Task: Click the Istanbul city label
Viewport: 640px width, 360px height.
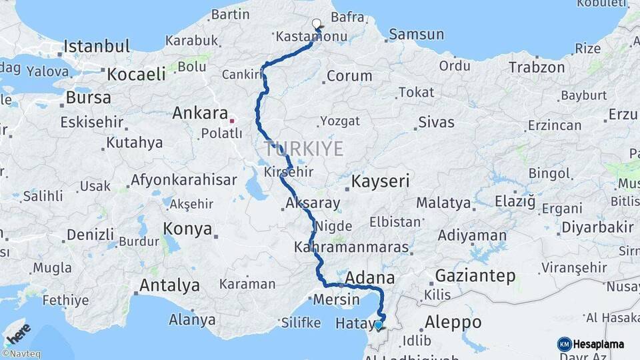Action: [97, 47]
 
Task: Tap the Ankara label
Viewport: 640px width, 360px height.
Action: [201, 113]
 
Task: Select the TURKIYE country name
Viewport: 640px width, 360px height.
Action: [303, 149]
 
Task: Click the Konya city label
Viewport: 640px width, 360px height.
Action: [187, 229]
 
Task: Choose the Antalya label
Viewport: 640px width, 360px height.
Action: [169, 285]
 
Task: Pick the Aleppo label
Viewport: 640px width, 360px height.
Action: [453, 321]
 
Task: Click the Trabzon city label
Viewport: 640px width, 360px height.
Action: [537, 67]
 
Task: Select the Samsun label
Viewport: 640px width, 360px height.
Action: [416, 34]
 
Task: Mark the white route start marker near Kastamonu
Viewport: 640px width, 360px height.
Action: [317, 24]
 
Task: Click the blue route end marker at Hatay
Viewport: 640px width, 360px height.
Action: [378, 325]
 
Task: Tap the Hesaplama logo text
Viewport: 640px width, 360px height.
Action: [598, 344]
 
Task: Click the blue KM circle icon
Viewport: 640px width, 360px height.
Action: [564, 344]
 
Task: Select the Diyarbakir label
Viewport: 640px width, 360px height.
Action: [597, 227]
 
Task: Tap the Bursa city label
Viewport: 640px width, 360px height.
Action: [88, 97]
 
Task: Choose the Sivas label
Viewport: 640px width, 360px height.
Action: [436, 122]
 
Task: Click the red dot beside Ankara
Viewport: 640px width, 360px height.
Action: [231, 121]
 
